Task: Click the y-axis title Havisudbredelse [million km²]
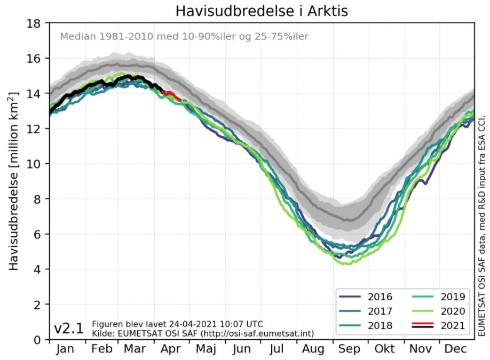click(x=14, y=180)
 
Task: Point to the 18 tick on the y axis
click(x=35, y=23)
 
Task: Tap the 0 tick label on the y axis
click(x=38, y=340)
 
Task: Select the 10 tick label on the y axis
click(x=35, y=164)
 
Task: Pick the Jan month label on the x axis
click(x=65, y=349)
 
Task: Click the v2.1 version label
click(x=68, y=329)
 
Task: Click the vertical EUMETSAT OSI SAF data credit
click(x=481, y=181)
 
